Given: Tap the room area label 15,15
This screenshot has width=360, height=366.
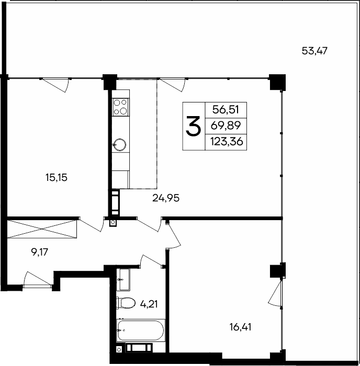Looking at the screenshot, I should pyautogui.click(x=57, y=177).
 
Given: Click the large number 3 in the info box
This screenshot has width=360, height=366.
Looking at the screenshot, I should pyautogui.click(x=194, y=127).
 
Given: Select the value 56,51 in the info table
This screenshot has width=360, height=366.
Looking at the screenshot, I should pyautogui.click(x=226, y=110).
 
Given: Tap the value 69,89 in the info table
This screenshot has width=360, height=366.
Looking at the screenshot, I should pyautogui.click(x=226, y=125).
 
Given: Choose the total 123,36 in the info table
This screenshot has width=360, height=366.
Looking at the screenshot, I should pyautogui.click(x=226, y=141).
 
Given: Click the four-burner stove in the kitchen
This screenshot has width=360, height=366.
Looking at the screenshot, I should pyautogui.click(x=120, y=107).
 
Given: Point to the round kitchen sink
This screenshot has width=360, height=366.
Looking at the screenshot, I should pyautogui.click(x=120, y=144).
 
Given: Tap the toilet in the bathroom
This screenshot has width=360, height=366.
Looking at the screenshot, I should pyautogui.click(x=124, y=303).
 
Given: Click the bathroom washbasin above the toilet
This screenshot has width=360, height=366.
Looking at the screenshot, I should pyautogui.click(x=124, y=279).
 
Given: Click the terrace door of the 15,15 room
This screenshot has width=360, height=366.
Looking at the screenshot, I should pyautogui.click(x=55, y=84).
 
